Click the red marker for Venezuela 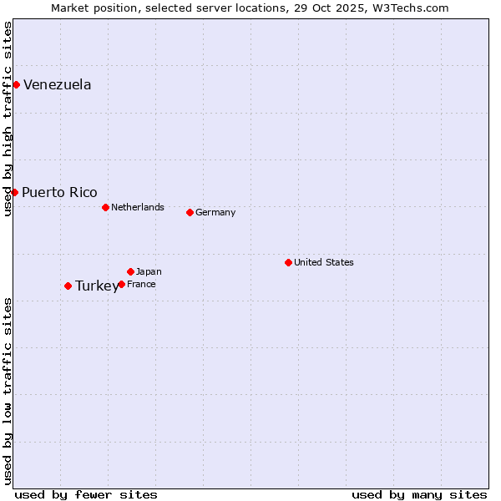(x=16, y=84)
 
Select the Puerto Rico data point (x=14, y=192)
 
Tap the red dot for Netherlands (x=105, y=207)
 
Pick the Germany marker (x=190, y=212)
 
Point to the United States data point (x=288, y=262)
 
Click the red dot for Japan (x=130, y=271)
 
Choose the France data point (x=121, y=284)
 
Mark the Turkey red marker (x=68, y=286)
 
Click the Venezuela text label (x=57, y=84)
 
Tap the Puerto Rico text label (x=59, y=192)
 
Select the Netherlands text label (x=137, y=207)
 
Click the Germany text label (x=215, y=212)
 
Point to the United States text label (x=323, y=262)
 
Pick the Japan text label (x=149, y=271)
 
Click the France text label (x=141, y=284)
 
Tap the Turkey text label (x=96, y=286)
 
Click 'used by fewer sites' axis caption (x=86, y=494)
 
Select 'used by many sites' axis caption (x=419, y=494)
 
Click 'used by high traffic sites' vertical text (x=8, y=119)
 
